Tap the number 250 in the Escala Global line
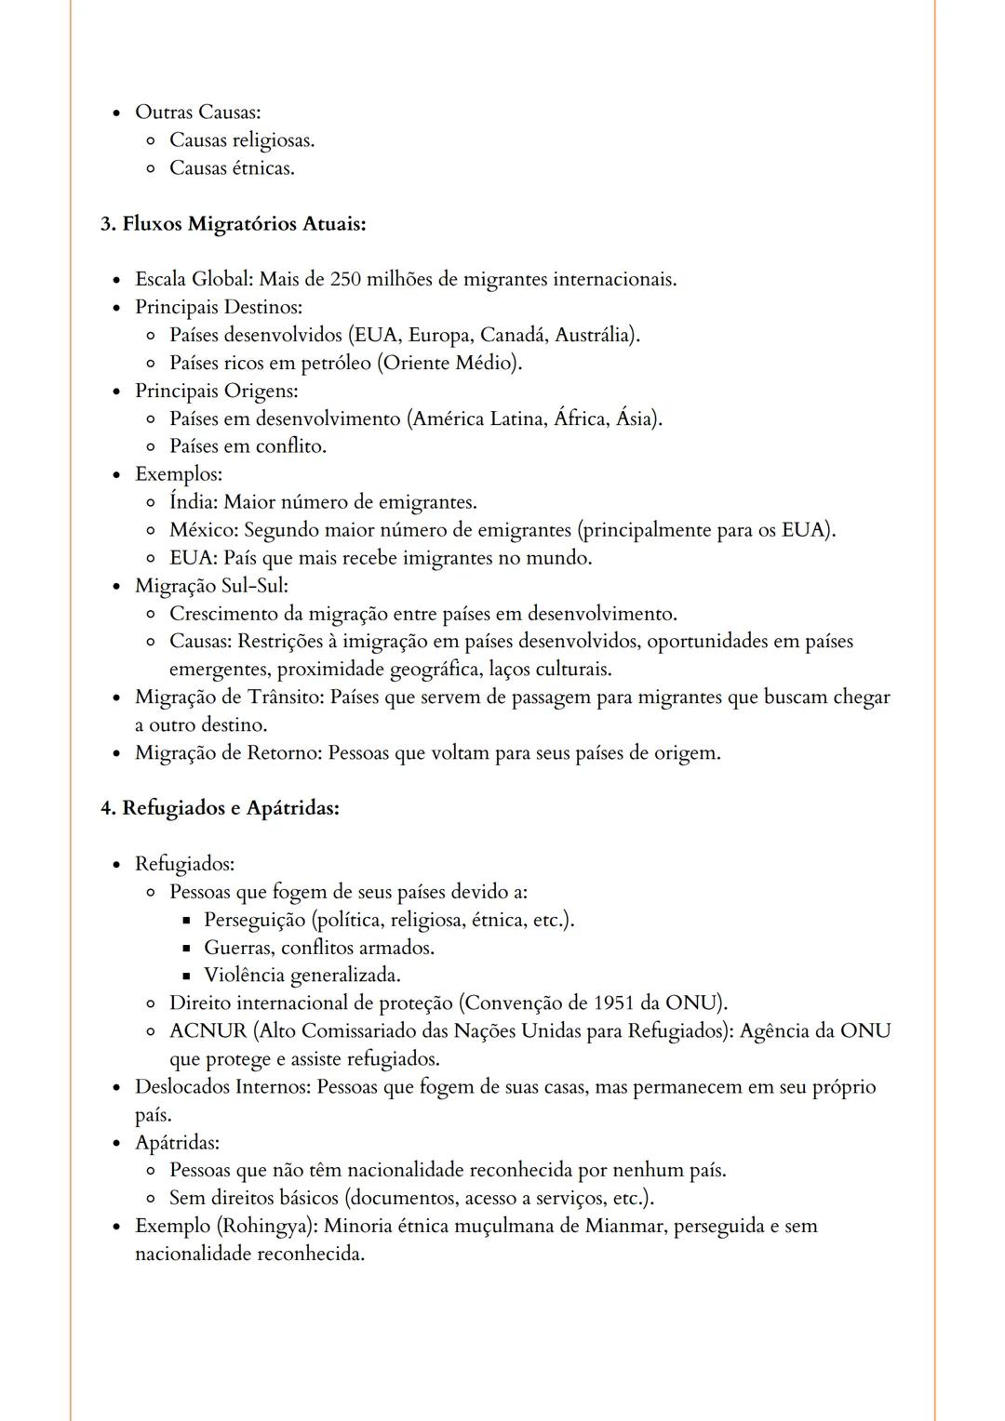(345, 279)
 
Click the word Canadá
(515, 335)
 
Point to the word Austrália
(596, 335)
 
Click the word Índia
(193, 502)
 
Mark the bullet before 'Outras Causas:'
(116, 113)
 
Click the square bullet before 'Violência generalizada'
(186, 976)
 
